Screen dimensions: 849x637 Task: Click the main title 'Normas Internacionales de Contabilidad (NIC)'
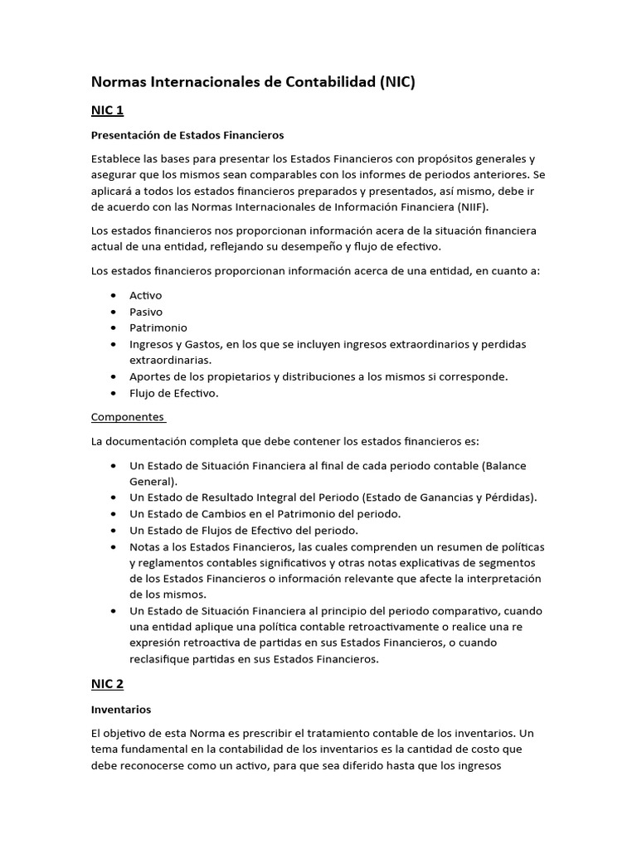(252, 81)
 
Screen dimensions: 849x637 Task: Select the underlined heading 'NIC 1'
(107, 109)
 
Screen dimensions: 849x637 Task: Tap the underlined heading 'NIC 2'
(107, 683)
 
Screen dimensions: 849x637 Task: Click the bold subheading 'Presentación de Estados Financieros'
(187, 134)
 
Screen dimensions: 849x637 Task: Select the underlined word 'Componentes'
(128, 417)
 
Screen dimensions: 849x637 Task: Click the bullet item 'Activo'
(146, 295)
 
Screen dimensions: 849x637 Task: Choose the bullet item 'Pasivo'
(146, 312)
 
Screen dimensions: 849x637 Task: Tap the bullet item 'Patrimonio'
(158, 327)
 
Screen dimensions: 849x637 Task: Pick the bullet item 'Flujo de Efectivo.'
(174, 393)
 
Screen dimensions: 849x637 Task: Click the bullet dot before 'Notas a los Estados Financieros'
(112, 546)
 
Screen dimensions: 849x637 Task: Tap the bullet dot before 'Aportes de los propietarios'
(112, 376)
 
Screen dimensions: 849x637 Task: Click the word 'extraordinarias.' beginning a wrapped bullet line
(170, 360)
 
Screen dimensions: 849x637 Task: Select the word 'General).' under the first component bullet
(153, 481)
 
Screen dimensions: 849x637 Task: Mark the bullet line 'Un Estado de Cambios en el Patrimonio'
(265, 514)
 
